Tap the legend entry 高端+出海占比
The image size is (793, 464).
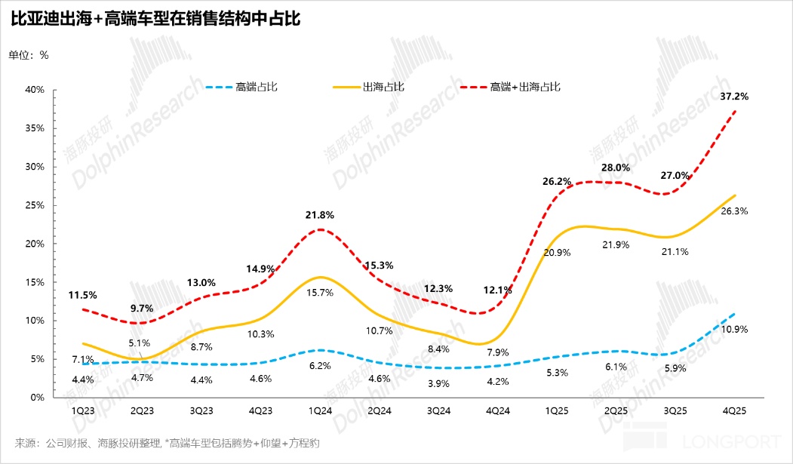pos(525,87)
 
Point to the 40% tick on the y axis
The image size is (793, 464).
pos(35,90)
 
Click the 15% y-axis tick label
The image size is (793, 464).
pos(35,282)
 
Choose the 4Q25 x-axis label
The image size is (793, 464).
pos(735,411)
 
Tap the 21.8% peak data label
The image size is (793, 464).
pos(321,215)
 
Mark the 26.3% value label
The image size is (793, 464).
pos(734,211)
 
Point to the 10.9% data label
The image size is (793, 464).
pos(734,330)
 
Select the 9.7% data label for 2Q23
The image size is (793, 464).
pos(142,309)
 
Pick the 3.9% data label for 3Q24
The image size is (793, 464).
pos(438,383)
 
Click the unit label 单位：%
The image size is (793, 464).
pos(29,54)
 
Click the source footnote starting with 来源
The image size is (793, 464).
pos(167,443)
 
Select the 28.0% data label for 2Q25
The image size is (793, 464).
pos(616,167)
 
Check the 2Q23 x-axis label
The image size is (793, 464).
pos(142,411)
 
